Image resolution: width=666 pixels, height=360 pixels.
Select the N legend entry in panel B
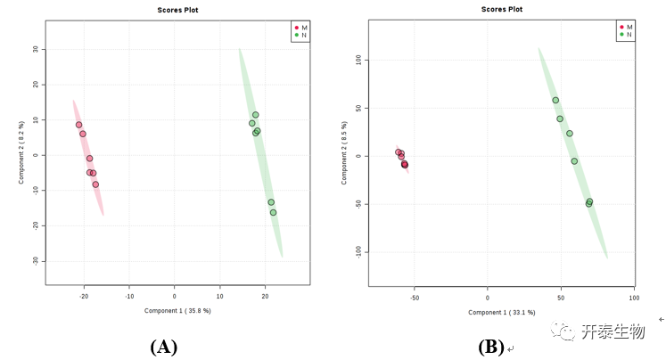click(x=627, y=35)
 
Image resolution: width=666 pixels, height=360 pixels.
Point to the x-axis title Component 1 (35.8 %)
click(x=177, y=311)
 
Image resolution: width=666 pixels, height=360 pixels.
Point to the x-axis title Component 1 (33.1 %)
click(x=501, y=312)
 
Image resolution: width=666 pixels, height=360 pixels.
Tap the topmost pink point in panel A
click(x=78, y=125)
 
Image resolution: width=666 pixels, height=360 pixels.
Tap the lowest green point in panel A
click(x=273, y=212)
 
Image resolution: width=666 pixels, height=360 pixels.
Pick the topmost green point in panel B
click(x=555, y=100)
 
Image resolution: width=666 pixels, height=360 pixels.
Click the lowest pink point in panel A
click(x=95, y=184)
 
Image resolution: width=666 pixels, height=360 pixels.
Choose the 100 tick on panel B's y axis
click(x=358, y=60)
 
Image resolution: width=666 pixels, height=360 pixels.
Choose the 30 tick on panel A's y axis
click(x=35, y=50)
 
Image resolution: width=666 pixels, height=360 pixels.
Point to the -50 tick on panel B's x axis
click(x=415, y=298)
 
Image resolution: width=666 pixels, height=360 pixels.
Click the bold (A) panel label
click(x=164, y=347)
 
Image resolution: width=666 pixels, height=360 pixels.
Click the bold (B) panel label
click(x=491, y=347)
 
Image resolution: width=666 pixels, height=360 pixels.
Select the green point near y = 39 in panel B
click(x=560, y=119)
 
